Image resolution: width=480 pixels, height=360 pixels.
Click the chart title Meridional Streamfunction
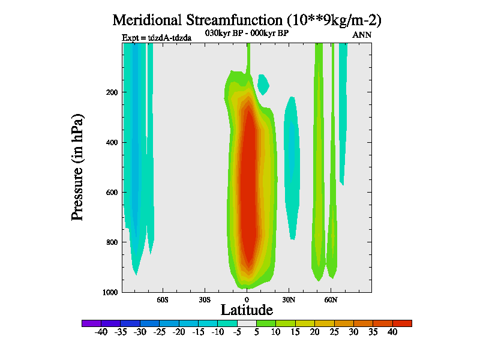[247, 20]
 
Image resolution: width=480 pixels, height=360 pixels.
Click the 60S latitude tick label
[163, 299]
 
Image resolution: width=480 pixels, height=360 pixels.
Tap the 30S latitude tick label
[205, 299]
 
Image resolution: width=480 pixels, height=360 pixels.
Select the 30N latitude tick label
[289, 299]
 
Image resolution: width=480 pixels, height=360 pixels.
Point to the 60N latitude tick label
[331, 299]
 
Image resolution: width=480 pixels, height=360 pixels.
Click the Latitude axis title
[247, 310]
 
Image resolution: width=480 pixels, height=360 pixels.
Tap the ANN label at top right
[362, 35]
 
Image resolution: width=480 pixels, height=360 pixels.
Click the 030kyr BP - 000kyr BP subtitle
[247, 34]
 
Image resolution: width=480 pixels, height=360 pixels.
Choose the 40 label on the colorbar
[392, 332]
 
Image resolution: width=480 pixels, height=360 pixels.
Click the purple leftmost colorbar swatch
[91, 323]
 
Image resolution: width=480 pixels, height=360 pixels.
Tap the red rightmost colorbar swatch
[402, 323]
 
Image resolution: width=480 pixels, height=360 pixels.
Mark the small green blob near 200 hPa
[263, 83]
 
